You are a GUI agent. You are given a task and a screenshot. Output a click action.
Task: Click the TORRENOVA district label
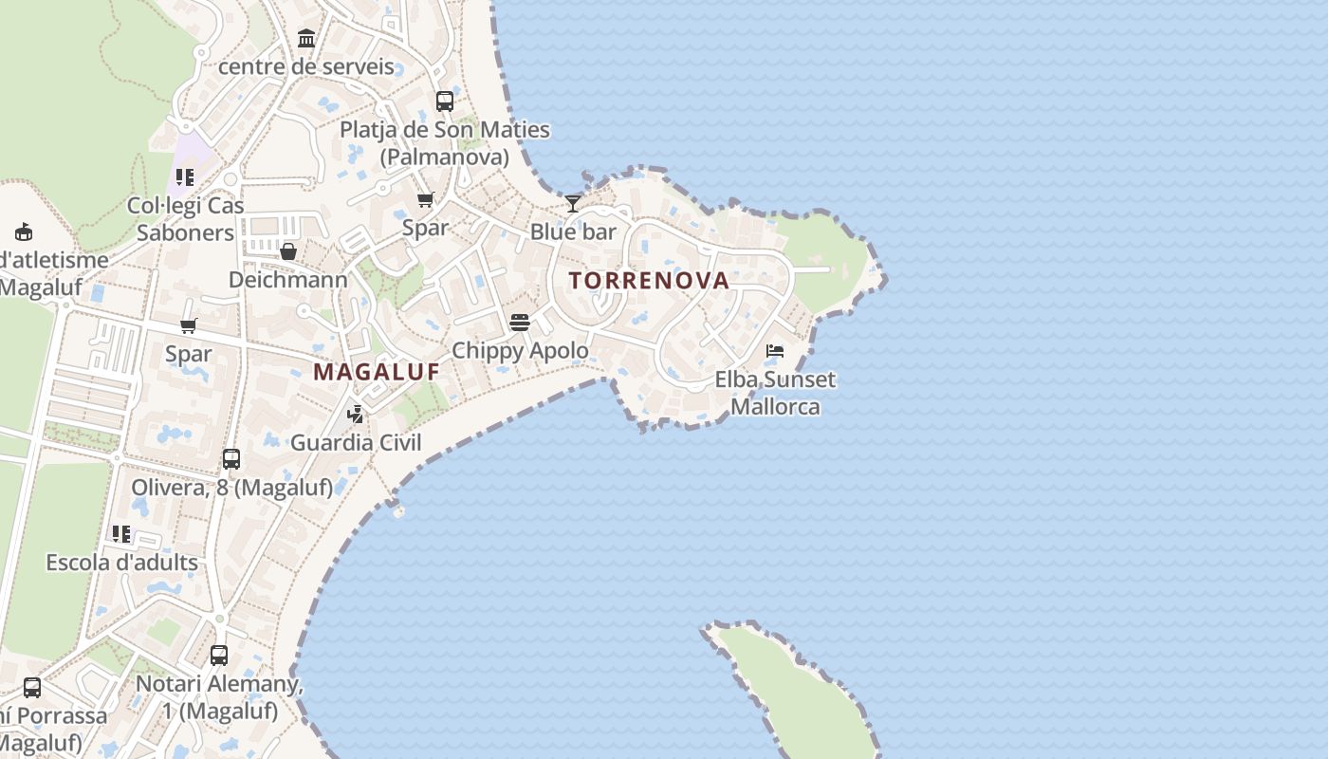coord(649,281)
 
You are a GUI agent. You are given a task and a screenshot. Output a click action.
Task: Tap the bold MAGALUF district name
coord(377,372)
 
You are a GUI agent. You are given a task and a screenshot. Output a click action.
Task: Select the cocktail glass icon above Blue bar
coord(573,204)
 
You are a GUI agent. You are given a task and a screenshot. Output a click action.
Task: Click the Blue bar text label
coord(573,231)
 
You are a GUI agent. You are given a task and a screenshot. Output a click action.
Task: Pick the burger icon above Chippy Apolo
coord(519,323)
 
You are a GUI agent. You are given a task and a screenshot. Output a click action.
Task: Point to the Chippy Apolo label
coord(520,350)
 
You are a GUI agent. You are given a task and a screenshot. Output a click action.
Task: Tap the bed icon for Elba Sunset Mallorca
coord(775,351)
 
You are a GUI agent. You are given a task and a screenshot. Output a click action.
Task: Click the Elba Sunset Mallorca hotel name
coord(775,393)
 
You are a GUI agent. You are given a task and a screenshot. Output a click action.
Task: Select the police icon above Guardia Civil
coord(356,414)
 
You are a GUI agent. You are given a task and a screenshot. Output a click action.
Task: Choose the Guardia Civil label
coord(356,442)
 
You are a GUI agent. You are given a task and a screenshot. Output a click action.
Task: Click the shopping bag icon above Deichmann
coord(288,251)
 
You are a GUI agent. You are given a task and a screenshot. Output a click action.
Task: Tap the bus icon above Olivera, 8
coord(231,459)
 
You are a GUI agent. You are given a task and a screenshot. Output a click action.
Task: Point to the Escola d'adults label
coord(122,563)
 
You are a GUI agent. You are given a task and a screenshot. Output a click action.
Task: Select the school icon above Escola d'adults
coord(121,534)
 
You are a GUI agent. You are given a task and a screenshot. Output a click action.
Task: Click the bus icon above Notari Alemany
coord(219,655)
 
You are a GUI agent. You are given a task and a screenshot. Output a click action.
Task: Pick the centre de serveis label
coord(305,66)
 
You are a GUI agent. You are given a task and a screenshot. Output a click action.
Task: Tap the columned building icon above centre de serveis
coord(306,39)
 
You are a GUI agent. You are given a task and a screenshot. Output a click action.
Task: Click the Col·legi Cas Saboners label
coord(186,219)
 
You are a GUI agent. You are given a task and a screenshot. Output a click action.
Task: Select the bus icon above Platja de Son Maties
coord(445,101)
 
